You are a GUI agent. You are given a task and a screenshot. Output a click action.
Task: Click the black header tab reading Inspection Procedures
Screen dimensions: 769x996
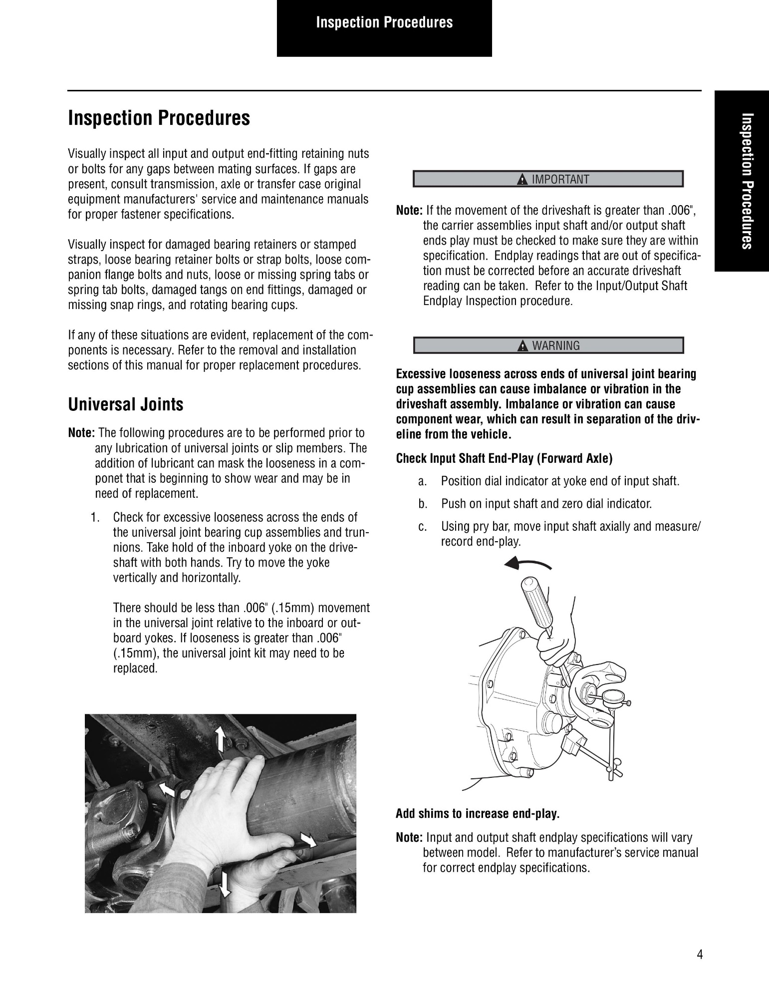pyautogui.click(x=384, y=28)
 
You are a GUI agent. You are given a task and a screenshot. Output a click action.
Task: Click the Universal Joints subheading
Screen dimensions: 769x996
pyautogui.click(x=126, y=404)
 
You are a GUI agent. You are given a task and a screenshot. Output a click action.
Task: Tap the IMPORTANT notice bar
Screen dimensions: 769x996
pyautogui.click(x=548, y=179)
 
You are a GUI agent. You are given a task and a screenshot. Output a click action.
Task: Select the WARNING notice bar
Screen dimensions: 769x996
pyautogui.click(x=548, y=345)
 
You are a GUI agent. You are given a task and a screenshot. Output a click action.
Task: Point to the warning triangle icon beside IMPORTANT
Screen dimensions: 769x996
pyautogui.click(x=522, y=180)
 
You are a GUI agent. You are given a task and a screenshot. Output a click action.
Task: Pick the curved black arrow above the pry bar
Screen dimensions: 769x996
pyautogui.click(x=527, y=564)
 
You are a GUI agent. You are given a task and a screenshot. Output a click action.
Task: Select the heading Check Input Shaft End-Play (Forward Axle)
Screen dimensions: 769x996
pyautogui.click(x=504, y=458)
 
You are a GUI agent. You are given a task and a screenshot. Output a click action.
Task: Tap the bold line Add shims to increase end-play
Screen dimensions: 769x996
pyautogui.click(x=478, y=814)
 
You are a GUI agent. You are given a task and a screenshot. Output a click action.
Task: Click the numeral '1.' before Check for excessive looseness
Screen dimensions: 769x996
pyautogui.click(x=96, y=517)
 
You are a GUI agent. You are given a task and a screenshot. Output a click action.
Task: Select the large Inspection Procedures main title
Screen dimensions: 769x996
pyautogui.click(x=159, y=118)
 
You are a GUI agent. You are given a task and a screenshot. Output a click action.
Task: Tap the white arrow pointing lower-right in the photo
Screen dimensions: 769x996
pyautogui.click(x=308, y=840)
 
